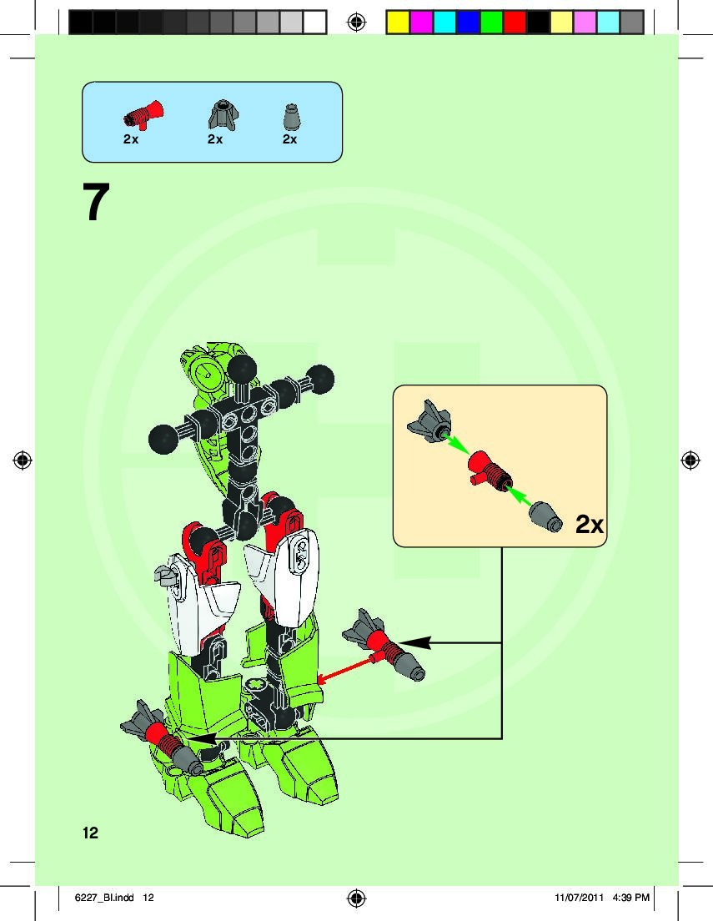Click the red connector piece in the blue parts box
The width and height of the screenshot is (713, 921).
coord(143,113)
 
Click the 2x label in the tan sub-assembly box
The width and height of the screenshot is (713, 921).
coord(589,524)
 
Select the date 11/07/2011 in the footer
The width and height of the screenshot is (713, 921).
coord(578,898)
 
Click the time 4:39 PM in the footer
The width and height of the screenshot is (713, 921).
coord(630,898)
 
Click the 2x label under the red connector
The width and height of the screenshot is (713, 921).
coord(131,139)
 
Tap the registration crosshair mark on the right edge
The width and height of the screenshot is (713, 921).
coord(690,460)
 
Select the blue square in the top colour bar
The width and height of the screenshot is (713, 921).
coord(468,21)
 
